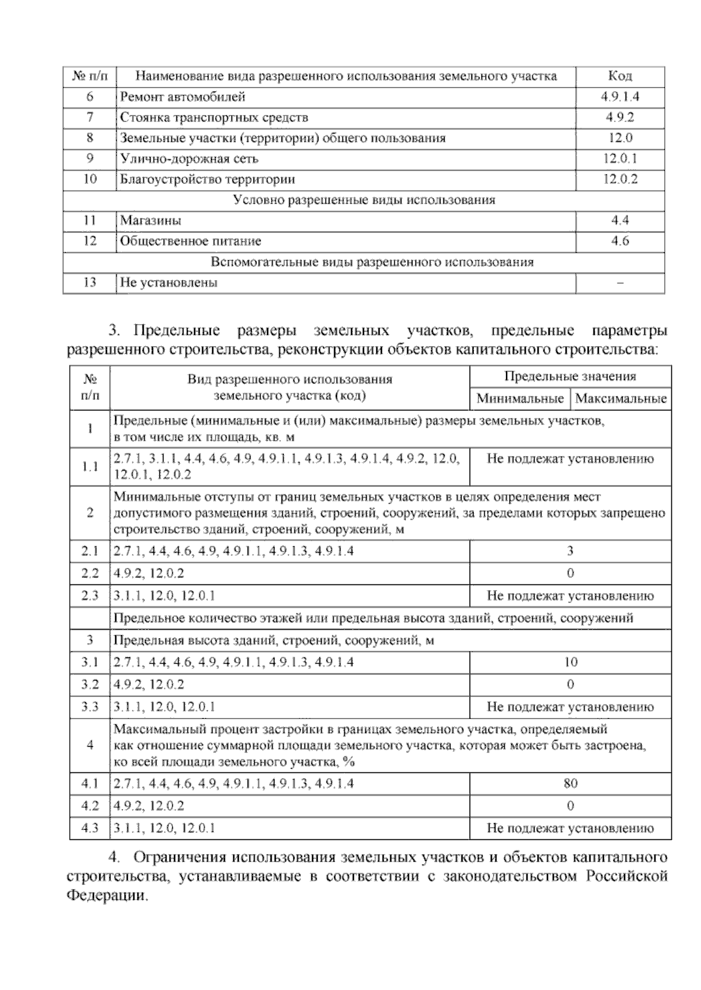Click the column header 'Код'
pyautogui.click(x=620, y=76)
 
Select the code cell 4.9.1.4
pyautogui.click(x=620, y=97)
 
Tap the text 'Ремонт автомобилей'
pyautogui.click(x=183, y=97)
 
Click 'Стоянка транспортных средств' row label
pyautogui.click(x=214, y=117)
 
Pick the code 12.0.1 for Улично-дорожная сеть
pyautogui.click(x=620, y=159)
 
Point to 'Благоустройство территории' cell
pyautogui.click(x=207, y=179)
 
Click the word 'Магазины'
pyautogui.click(x=151, y=221)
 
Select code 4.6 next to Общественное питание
pyautogui.click(x=620, y=241)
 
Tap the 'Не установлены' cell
pyautogui.click(x=169, y=283)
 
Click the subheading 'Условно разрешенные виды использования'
pyautogui.click(x=364, y=200)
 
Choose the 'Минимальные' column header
pyautogui.click(x=520, y=399)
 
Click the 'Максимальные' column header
pyautogui.click(x=621, y=399)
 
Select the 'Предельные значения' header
pyautogui.click(x=570, y=377)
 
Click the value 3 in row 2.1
pyautogui.click(x=570, y=550)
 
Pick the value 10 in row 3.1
pyautogui.click(x=570, y=662)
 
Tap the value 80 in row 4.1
pyautogui.click(x=570, y=783)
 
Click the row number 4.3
pyautogui.click(x=89, y=828)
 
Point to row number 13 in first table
pyautogui.click(x=89, y=283)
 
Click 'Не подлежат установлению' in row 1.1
pyautogui.click(x=570, y=459)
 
